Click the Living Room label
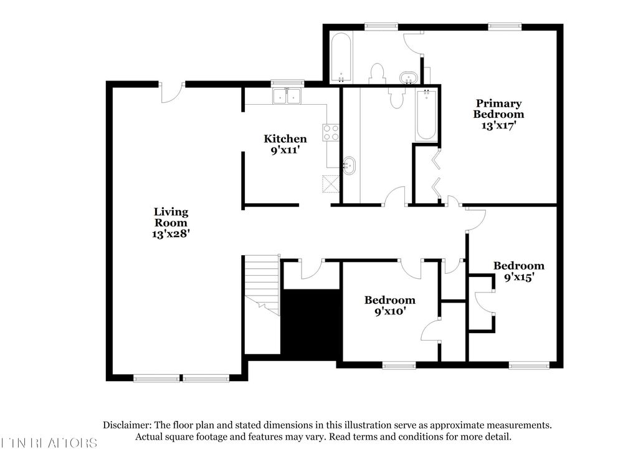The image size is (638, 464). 171,217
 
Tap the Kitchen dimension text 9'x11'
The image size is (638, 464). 285,150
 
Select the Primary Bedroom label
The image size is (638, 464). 498,109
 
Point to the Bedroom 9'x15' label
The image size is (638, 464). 518,266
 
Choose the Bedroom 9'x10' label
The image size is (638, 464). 389,300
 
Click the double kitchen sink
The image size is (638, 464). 287,96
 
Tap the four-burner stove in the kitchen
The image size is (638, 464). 330,132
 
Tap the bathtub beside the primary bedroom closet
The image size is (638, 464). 426,115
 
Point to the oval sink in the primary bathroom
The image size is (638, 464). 408,78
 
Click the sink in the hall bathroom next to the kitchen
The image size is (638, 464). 350,165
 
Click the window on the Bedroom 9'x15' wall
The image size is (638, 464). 528,365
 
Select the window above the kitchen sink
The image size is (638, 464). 287,82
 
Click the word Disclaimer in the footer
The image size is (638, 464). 127,425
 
